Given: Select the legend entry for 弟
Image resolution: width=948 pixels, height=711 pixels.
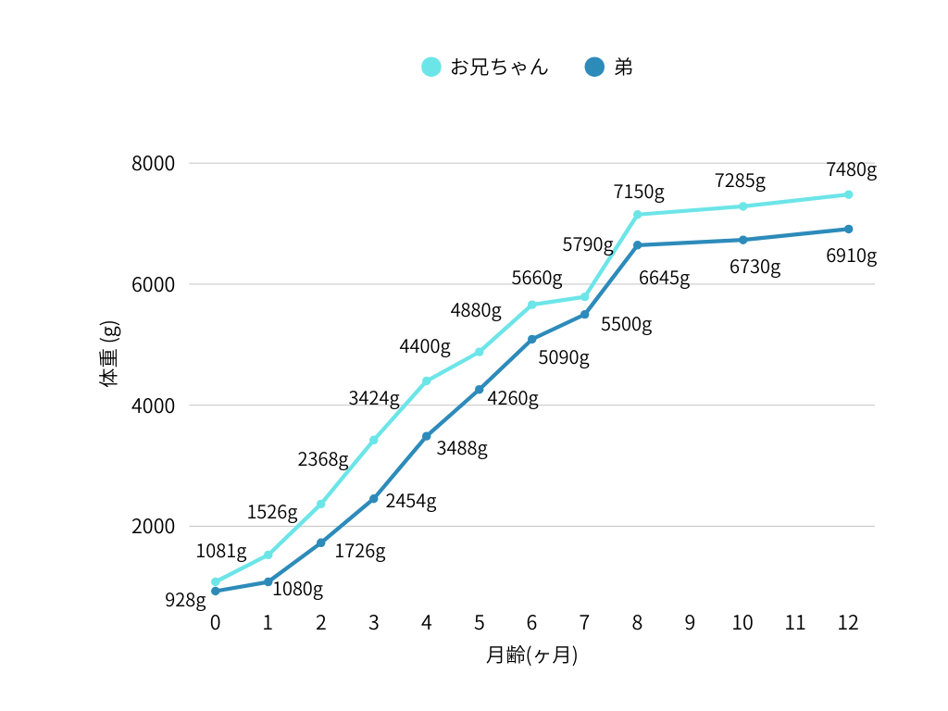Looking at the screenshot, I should tap(609, 67).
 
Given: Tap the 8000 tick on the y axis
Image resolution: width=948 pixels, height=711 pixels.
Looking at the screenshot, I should tap(154, 164).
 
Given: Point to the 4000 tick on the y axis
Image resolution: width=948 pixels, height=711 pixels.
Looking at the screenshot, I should tap(154, 405).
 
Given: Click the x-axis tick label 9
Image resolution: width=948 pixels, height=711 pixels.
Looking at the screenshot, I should tap(690, 622).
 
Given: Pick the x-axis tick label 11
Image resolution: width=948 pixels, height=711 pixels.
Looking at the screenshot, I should tap(795, 622).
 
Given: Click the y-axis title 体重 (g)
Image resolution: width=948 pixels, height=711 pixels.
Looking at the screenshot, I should tap(109, 352).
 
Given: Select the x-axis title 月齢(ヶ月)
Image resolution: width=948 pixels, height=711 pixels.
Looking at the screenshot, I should tap(531, 655).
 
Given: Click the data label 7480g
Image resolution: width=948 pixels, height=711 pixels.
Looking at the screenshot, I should tap(851, 169).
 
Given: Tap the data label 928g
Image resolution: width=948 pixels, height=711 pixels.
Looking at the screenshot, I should tap(185, 600).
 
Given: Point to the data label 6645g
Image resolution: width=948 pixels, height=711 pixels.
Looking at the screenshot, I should tap(664, 279).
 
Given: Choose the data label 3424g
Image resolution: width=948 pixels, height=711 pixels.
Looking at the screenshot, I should tap(374, 399).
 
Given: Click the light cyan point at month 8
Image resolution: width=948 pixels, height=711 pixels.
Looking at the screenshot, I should tap(638, 215).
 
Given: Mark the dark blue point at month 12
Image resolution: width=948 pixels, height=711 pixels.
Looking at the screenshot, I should tap(848, 229).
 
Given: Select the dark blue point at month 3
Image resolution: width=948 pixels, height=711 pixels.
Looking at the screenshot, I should tap(374, 499).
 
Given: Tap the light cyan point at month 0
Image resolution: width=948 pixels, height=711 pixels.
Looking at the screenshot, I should tap(216, 582).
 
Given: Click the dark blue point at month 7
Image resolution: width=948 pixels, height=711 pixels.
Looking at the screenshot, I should tap(585, 315).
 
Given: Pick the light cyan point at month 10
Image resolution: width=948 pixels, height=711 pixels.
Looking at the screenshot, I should tap(742, 206).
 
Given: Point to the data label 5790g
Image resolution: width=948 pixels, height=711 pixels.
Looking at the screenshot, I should tap(588, 245).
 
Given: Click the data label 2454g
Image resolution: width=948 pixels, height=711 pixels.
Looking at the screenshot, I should tap(411, 501).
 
